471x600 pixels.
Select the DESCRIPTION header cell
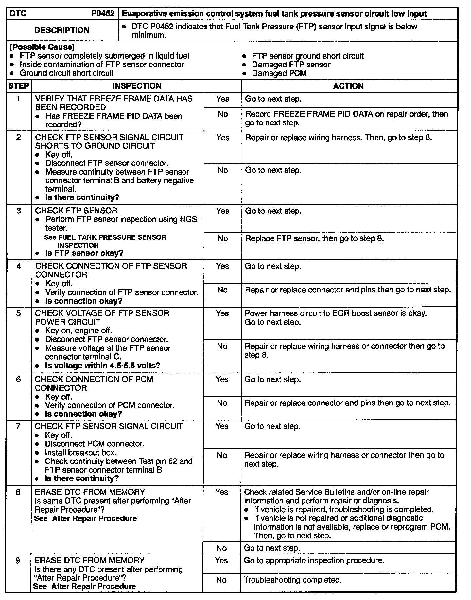click(62, 30)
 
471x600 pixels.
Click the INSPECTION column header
click(137, 86)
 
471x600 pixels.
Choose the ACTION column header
click(348, 86)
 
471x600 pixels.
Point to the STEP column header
click(19, 86)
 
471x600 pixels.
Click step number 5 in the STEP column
click(18, 313)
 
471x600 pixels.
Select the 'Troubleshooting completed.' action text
click(293, 580)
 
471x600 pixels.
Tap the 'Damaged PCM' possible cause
click(279, 73)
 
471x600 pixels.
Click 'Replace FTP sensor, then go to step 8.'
click(314, 238)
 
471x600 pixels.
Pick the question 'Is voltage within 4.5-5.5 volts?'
click(103, 366)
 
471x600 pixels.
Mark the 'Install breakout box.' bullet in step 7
click(80, 453)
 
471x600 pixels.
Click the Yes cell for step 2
click(223, 138)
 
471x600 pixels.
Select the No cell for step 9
click(221, 580)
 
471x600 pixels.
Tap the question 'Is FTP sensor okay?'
click(84, 253)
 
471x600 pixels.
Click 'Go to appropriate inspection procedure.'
click(314, 560)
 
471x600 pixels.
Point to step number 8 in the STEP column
click(18, 492)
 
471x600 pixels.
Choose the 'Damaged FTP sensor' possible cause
click(291, 65)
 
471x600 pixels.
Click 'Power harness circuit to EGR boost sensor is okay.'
click(336, 313)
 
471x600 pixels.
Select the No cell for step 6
click(222, 403)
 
